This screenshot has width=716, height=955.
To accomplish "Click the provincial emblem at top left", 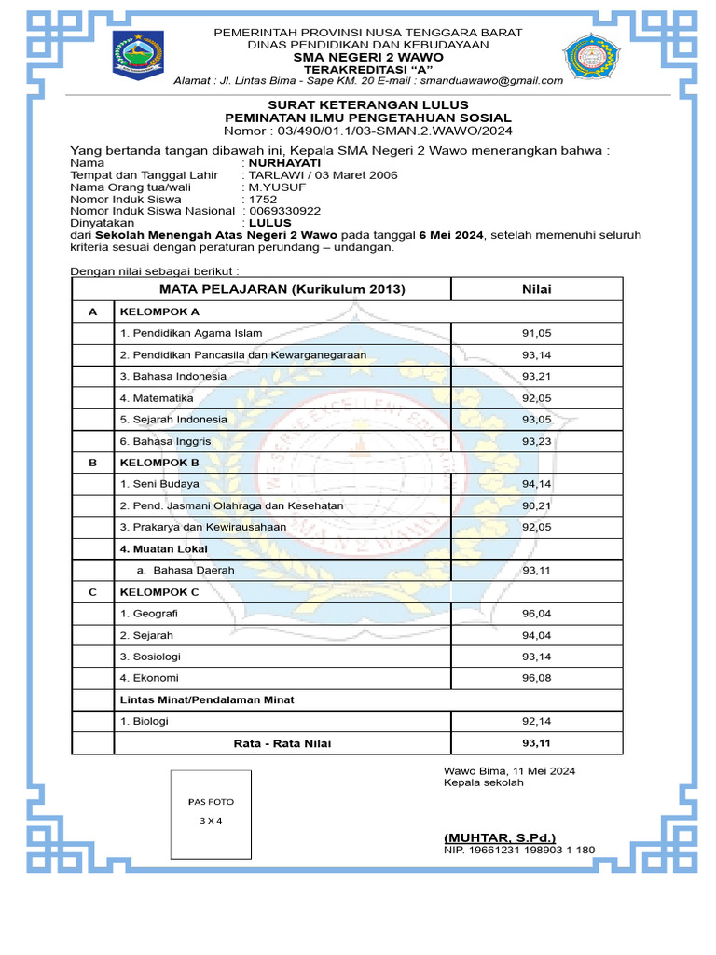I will (137, 57).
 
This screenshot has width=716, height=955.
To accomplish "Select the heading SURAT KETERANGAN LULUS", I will (368, 104).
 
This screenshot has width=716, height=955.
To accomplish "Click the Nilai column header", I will (536, 289).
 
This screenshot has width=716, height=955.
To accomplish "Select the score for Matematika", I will (536, 398).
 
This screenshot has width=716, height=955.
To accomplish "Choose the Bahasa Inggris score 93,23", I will (536, 441).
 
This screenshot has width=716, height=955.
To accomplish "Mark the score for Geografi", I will (536, 614).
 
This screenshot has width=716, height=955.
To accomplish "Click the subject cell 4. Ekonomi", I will (149, 678).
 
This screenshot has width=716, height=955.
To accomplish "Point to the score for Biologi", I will (536, 721).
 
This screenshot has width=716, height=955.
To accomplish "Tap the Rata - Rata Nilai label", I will (282, 743).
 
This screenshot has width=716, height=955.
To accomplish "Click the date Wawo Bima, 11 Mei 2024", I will (509, 770).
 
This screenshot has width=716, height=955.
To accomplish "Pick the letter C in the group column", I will (92, 592).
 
